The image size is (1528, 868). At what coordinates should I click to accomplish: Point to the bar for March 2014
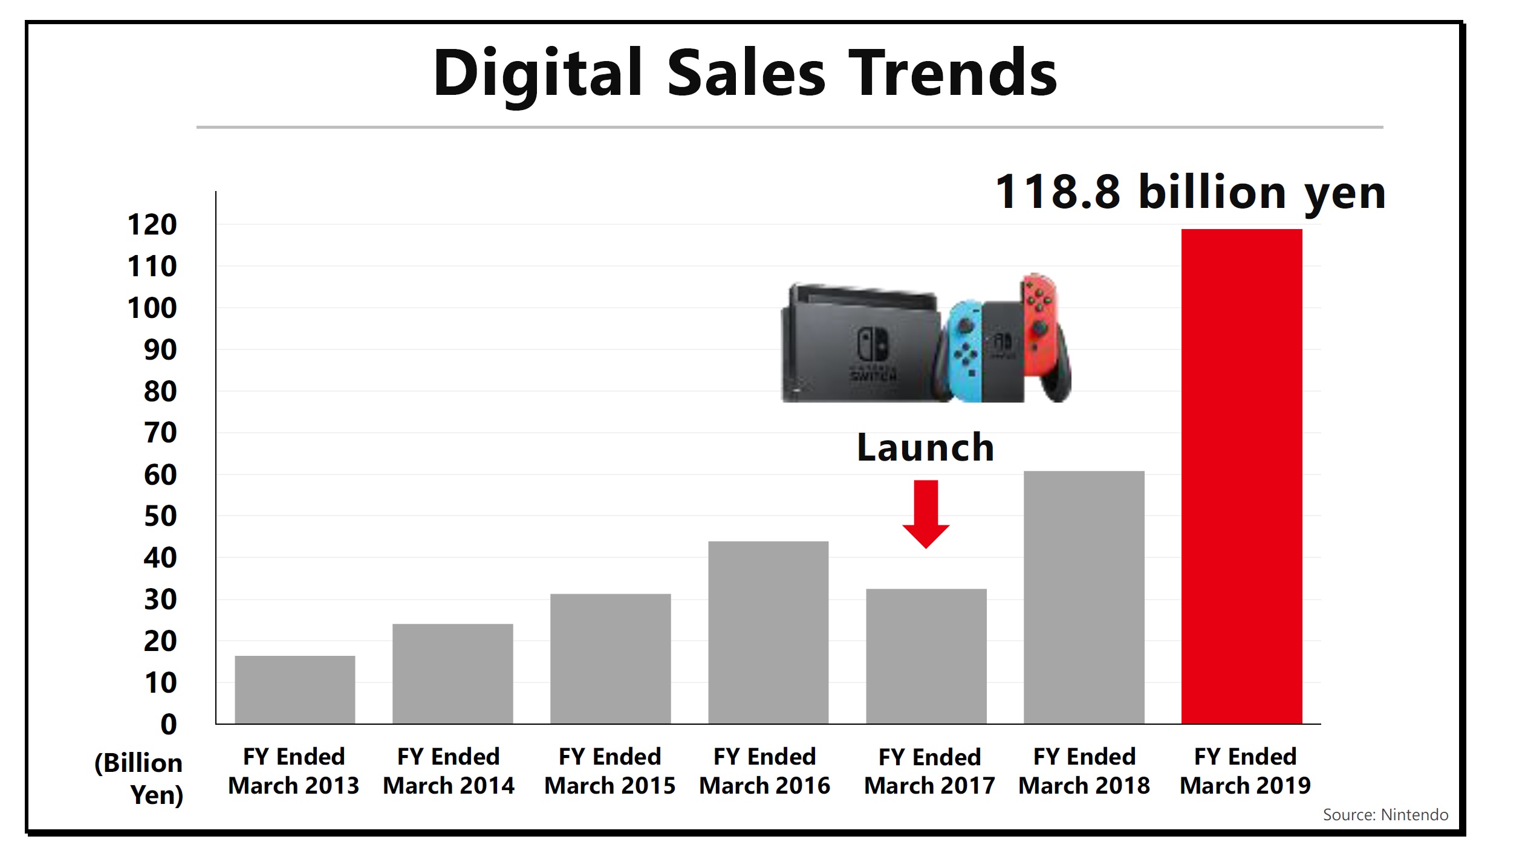pyautogui.click(x=452, y=673)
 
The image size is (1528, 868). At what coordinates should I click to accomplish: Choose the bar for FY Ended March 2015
pyautogui.click(x=610, y=658)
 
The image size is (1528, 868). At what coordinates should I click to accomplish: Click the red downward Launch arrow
pyautogui.click(x=926, y=513)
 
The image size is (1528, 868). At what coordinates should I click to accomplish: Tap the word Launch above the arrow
pyautogui.click(x=925, y=448)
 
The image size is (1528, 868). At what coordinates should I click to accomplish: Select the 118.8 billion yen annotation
pyautogui.click(x=1190, y=193)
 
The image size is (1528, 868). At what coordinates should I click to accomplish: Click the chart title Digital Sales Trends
pyautogui.click(x=745, y=74)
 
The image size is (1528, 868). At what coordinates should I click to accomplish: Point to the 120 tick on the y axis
pyautogui.click(x=152, y=225)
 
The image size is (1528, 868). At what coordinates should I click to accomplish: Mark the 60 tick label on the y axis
pyautogui.click(x=160, y=475)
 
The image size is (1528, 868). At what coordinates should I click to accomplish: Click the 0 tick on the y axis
pyautogui.click(x=169, y=724)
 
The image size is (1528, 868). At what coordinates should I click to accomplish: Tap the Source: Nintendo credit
pyautogui.click(x=1385, y=815)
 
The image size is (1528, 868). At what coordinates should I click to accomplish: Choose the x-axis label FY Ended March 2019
pyautogui.click(x=1244, y=771)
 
